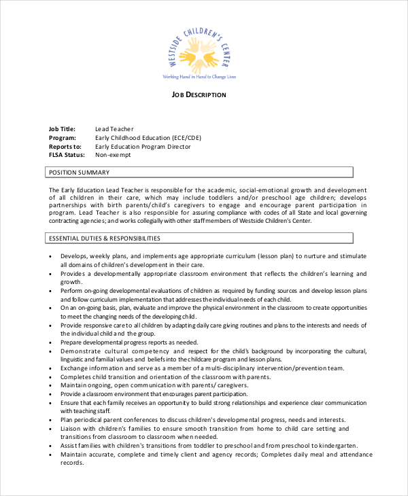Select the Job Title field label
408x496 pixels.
click(62, 129)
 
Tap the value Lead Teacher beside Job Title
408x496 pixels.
click(114, 129)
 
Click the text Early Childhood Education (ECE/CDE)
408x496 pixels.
click(148, 138)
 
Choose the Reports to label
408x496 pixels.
click(65, 146)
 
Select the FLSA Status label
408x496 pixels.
click(66, 155)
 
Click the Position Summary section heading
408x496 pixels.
click(78, 173)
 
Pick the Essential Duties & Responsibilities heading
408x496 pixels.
click(104, 238)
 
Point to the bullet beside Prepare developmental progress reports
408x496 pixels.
click(52, 342)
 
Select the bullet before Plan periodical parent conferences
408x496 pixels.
click(52, 420)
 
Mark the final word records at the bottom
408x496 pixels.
click(71, 463)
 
